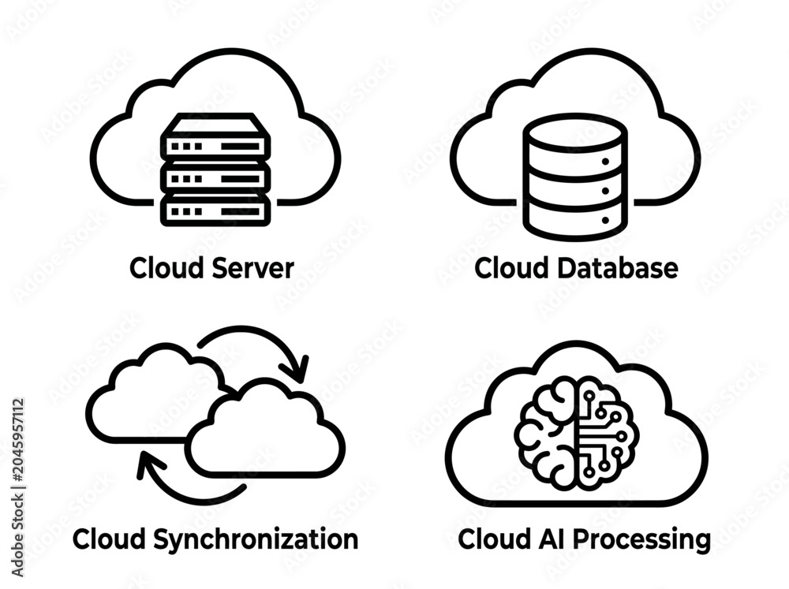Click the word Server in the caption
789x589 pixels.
click(x=252, y=268)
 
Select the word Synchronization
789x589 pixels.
click(x=256, y=540)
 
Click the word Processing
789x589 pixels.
click(x=642, y=540)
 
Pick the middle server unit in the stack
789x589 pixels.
click(x=215, y=178)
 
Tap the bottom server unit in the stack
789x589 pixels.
click(x=215, y=211)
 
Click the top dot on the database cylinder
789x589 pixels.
click(x=605, y=162)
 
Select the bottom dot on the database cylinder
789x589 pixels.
click(x=605, y=220)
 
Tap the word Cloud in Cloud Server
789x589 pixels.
click(x=167, y=268)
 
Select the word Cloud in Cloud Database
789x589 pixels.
click(x=512, y=268)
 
